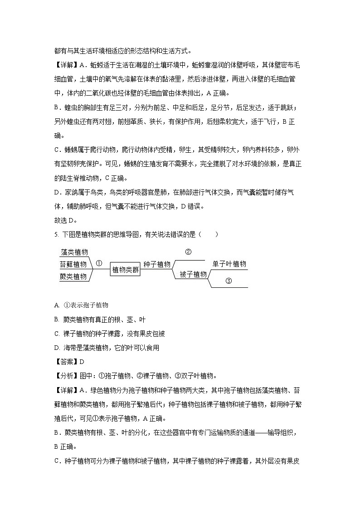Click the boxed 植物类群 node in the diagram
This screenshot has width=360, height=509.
[x=126, y=270]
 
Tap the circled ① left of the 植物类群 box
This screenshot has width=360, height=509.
[x=99, y=262]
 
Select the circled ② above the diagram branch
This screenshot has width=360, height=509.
[x=189, y=252]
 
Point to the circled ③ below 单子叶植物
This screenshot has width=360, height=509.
[x=229, y=281]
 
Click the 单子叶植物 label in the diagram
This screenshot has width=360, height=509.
[x=229, y=264]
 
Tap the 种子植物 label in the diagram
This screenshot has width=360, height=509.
[x=157, y=264]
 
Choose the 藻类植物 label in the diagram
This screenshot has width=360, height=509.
[x=74, y=252]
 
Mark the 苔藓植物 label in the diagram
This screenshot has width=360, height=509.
[x=73, y=264]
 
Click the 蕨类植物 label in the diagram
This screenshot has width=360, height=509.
[x=73, y=276]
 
